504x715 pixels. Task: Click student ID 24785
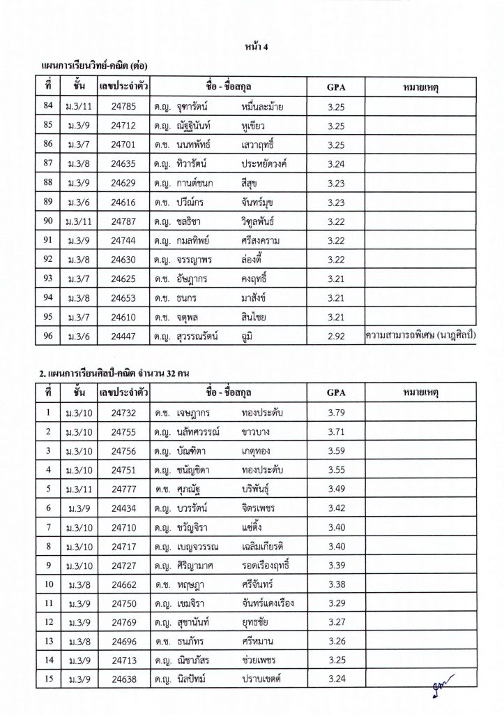[123, 107]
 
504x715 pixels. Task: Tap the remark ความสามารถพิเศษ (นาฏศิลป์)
[420, 336]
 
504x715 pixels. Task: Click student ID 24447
[123, 336]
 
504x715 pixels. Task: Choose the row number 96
[47, 336]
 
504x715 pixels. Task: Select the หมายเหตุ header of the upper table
[420, 88]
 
